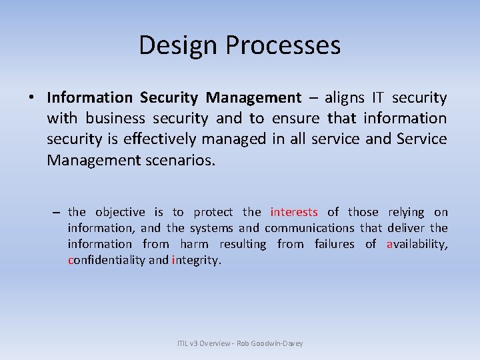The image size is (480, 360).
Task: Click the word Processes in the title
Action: (283, 45)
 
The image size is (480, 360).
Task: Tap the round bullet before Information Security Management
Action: (31, 98)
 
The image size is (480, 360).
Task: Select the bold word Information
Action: (90, 98)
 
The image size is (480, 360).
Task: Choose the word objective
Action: (120, 212)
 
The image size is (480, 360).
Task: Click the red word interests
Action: (294, 212)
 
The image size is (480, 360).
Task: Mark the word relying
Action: (405, 212)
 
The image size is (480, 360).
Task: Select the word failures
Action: (334, 244)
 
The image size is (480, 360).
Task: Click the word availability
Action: (417, 244)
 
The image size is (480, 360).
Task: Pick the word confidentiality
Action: (106, 260)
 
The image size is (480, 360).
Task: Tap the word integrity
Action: (195, 260)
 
